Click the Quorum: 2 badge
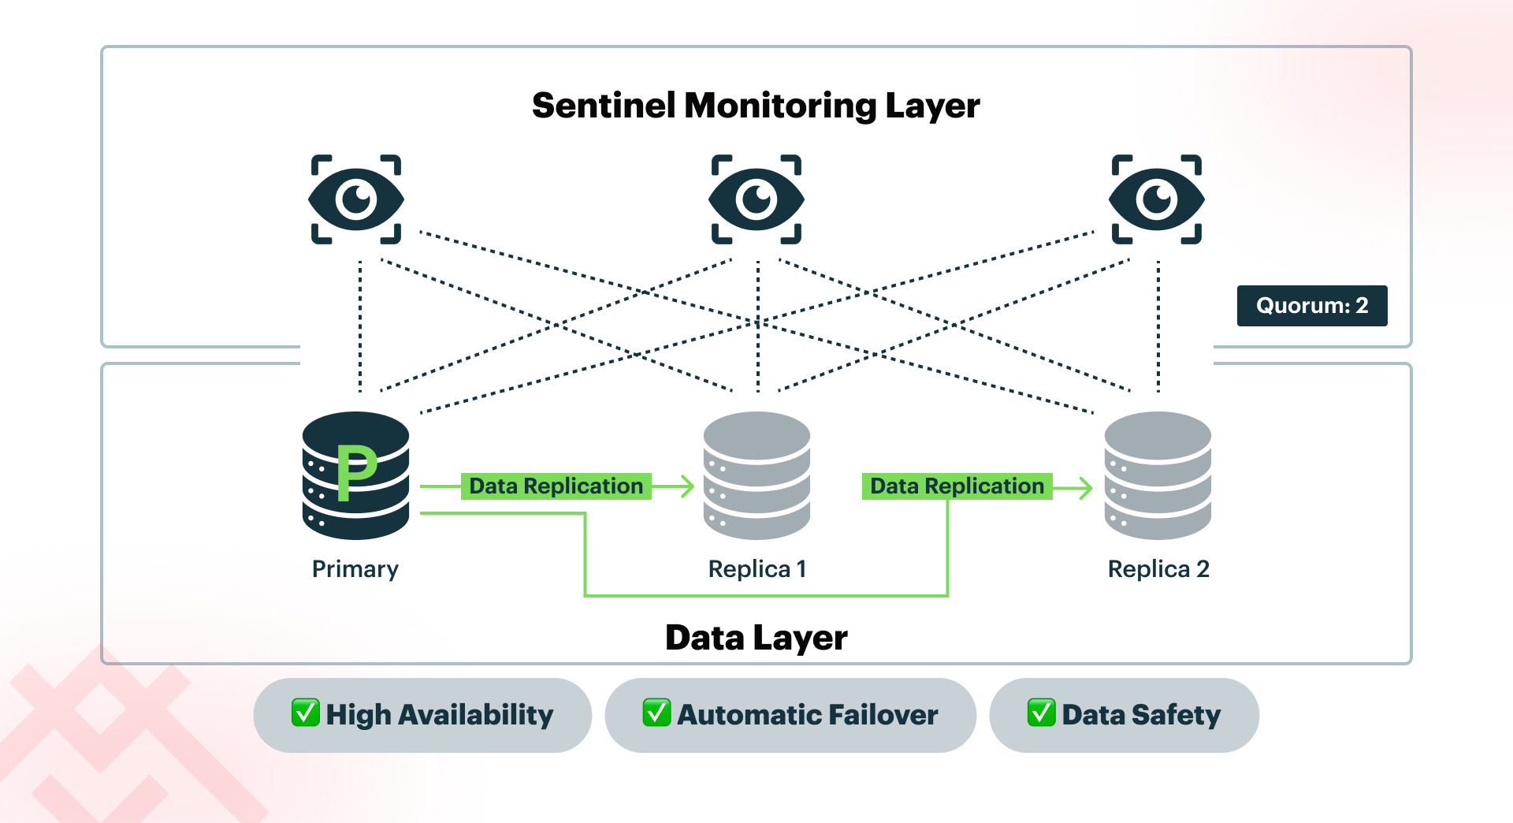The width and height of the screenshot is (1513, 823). pos(1311,306)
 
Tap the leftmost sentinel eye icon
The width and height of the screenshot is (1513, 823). pos(356,199)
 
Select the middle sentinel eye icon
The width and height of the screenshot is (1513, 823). pos(756,199)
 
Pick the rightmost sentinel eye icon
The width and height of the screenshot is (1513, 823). pos(1156,199)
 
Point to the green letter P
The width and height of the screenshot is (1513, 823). pos(355,471)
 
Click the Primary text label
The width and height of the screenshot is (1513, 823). pos(355,569)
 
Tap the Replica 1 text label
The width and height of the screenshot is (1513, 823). pos(756,569)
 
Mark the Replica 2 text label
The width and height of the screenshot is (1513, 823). pos(1158,569)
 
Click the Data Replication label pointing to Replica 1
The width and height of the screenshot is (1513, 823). pos(556,486)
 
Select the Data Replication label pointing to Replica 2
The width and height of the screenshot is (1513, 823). pos(957,486)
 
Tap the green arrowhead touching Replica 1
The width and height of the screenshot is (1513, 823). pos(688,486)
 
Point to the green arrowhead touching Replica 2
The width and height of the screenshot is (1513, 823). pos(1087,488)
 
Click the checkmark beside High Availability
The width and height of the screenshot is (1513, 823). pos(305,713)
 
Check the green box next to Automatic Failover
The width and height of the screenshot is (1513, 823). pos(656,713)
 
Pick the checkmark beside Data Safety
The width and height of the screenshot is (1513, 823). pos(1041,713)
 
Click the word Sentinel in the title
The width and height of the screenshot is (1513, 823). pos(604,106)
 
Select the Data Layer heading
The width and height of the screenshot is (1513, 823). pos(756,638)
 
